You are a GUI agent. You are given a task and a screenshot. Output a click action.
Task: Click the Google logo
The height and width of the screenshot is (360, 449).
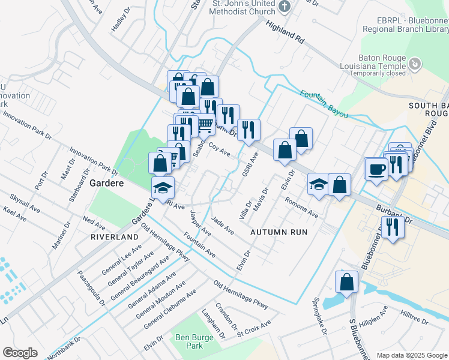[20, 353]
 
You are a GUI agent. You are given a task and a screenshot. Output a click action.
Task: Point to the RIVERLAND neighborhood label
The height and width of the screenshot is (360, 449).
[114, 237]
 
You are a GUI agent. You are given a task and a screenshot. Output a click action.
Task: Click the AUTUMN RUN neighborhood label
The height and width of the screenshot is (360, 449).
[279, 232]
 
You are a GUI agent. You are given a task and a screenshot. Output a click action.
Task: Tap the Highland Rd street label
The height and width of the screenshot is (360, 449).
[285, 31]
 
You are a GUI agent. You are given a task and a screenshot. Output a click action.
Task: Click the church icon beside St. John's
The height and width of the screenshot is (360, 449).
[285, 7]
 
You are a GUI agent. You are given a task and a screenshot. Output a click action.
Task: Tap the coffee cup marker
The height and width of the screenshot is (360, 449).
[376, 169]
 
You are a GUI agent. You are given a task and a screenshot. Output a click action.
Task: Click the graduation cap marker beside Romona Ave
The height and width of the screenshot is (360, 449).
[318, 185]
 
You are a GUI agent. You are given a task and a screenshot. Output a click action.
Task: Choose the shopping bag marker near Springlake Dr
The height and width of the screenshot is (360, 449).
[346, 281]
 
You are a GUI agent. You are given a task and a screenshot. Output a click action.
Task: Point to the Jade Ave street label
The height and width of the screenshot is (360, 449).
[223, 226]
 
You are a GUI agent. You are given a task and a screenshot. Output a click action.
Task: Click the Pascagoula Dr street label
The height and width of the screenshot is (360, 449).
[91, 287]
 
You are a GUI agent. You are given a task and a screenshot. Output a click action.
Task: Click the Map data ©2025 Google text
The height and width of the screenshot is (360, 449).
[412, 355]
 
